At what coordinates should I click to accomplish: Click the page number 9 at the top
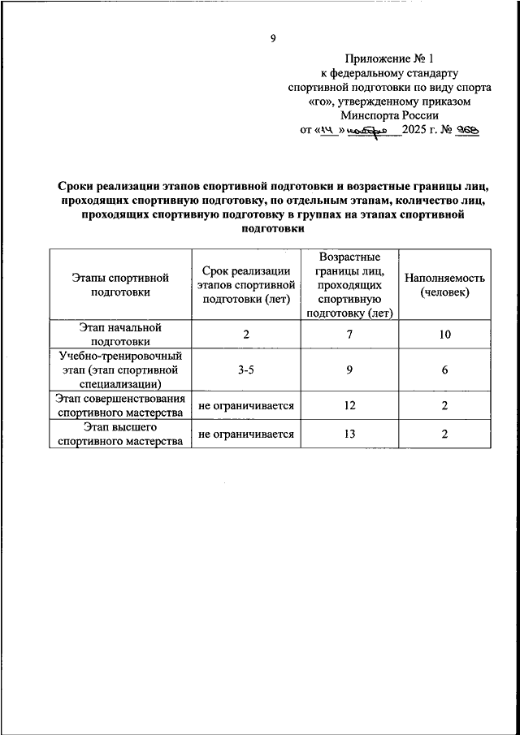[x=274, y=38]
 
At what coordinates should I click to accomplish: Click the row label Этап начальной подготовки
[x=119, y=334]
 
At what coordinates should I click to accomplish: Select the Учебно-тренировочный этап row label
[x=119, y=370]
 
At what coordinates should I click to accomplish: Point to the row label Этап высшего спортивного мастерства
[x=119, y=434]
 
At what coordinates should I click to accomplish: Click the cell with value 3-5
[x=245, y=370]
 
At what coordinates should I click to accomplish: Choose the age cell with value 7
[x=350, y=334]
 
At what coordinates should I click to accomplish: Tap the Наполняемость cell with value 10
[x=444, y=334]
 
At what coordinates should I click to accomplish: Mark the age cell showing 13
[x=350, y=434]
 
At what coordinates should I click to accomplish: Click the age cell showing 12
[x=350, y=404]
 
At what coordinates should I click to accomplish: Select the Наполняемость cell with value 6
[x=444, y=370]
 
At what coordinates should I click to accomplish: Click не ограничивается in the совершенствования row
[x=245, y=404]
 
